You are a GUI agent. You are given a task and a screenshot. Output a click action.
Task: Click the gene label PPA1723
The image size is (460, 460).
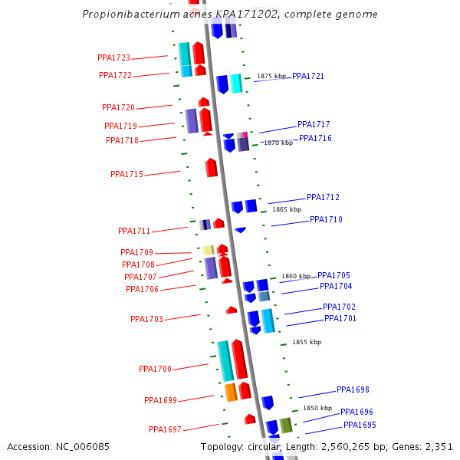click(x=113, y=58)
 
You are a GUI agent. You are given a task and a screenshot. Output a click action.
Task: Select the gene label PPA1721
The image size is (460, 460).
click(x=308, y=77)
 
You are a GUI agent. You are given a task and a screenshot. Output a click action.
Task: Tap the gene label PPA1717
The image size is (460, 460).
click(x=314, y=125)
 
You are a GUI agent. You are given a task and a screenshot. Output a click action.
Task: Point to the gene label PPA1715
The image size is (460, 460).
click(x=127, y=175)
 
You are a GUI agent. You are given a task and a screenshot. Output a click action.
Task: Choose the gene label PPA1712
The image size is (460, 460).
click(x=323, y=198)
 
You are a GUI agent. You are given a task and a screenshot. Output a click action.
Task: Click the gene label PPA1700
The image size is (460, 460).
click(x=155, y=370)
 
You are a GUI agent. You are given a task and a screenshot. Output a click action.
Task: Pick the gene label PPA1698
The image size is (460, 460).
click(x=353, y=390)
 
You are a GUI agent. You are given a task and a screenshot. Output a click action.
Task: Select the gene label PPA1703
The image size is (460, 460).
click(x=146, y=320)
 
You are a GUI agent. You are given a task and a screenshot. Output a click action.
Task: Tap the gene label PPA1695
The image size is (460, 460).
click(x=360, y=426)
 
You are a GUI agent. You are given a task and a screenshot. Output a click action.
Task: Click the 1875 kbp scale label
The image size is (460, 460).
click(x=271, y=77)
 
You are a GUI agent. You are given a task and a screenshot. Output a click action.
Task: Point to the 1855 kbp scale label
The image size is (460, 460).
click(x=307, y=343)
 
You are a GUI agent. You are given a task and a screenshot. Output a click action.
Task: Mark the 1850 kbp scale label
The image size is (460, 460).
click(x=317, y=409)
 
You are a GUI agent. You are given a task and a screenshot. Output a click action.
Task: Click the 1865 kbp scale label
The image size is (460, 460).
click(x=287, y=209)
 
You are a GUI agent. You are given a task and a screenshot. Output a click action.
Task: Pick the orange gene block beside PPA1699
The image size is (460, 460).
click(x=230, y=393)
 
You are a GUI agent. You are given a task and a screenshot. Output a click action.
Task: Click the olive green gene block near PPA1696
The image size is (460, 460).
click(x=286, y=426)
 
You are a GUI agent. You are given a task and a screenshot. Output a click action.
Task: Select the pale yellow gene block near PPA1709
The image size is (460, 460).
click(x=208, y=250)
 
